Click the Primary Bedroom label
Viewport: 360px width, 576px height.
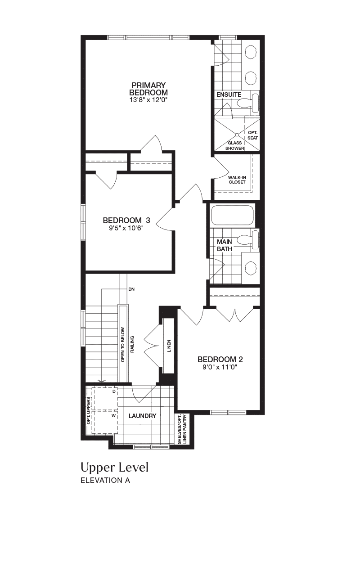[148, 89]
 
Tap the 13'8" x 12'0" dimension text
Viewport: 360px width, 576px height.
[148, 100]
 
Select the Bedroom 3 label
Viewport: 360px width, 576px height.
[126, 220]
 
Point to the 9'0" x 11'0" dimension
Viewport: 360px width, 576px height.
[220, 367]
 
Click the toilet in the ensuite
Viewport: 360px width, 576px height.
[248, 103]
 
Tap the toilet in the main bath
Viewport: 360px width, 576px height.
[248, 240]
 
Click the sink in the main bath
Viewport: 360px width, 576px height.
[251, 268]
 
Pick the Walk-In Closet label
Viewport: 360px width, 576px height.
[237, 180]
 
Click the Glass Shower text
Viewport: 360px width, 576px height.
[235, 145]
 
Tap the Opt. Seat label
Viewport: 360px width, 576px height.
[252, 135]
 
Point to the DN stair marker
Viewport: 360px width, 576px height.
[131, 289]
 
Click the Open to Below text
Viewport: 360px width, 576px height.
[123, 345]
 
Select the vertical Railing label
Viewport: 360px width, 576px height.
[132, 344]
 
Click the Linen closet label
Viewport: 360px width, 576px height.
[169, 346]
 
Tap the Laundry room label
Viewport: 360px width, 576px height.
[143, 416]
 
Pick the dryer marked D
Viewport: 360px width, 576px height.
[105, 398]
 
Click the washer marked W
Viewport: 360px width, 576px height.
[105, 422]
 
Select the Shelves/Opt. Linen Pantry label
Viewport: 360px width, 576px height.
[182, 429]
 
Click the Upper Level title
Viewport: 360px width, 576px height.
[115, 468]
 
